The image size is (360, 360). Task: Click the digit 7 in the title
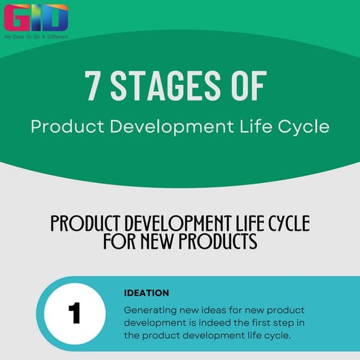coord(93,85)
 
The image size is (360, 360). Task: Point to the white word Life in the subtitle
coord(258,126)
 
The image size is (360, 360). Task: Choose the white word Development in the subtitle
coord(174,126)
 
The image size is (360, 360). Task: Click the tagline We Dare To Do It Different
coord(35,37)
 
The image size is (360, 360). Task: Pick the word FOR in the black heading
coord(119,241)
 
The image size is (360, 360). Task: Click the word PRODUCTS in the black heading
coord(218,241)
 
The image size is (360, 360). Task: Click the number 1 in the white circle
coord(75,314)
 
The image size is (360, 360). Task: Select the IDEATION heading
coord(147,293)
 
